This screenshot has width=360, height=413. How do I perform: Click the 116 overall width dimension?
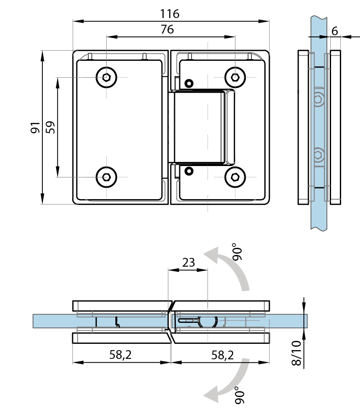pos(170,14)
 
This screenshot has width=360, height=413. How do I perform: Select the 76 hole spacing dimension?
pos(167,29)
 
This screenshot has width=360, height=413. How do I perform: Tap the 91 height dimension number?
pos(35,127)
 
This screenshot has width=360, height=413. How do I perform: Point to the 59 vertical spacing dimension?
pos(50,127)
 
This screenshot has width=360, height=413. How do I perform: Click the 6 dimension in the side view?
pos(335,31)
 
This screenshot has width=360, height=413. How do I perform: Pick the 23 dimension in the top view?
pos(188,262)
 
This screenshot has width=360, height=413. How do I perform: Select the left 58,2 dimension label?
pos(120,355)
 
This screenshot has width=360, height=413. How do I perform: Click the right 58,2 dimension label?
pos(222,355)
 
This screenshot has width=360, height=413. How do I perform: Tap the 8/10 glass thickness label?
pos(297,353)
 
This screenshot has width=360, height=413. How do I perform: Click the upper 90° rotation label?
pos(237,252)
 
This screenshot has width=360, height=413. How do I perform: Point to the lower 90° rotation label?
pos(240,395)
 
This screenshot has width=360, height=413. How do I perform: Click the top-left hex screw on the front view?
pos(106,78)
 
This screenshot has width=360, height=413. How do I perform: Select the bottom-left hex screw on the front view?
pos(106,177)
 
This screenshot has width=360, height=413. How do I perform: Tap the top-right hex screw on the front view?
pos(235,78)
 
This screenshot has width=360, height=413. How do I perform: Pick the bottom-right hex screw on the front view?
pos(235,177)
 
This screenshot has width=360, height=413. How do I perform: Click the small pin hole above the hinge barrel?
pos(189,83)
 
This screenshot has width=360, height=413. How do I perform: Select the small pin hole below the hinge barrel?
pos(189,171)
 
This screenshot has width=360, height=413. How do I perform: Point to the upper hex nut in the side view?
pos(318,99)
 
